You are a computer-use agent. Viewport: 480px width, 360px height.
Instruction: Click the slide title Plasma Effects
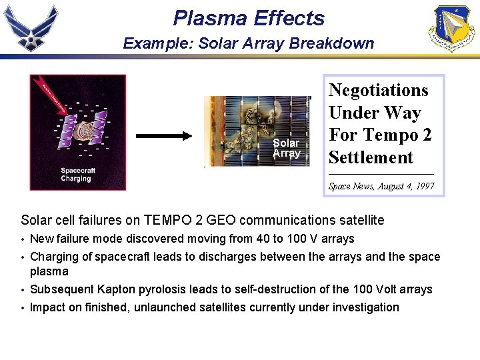(248, 18)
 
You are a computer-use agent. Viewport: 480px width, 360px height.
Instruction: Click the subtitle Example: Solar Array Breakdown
(249, 43)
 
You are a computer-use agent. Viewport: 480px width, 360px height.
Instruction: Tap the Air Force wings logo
(31, 28)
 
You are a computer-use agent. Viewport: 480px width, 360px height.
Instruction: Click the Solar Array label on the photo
(286, 148)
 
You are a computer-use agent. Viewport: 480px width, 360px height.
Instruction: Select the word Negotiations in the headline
(378, 90)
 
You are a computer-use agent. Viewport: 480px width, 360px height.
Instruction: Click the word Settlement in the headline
(371, 157)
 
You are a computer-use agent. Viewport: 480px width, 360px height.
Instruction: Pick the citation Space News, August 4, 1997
(381, 187)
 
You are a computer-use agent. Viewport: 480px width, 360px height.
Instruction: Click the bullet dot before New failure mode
(23, 239)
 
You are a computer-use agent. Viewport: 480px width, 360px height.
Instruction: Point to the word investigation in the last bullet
(369, 307)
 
